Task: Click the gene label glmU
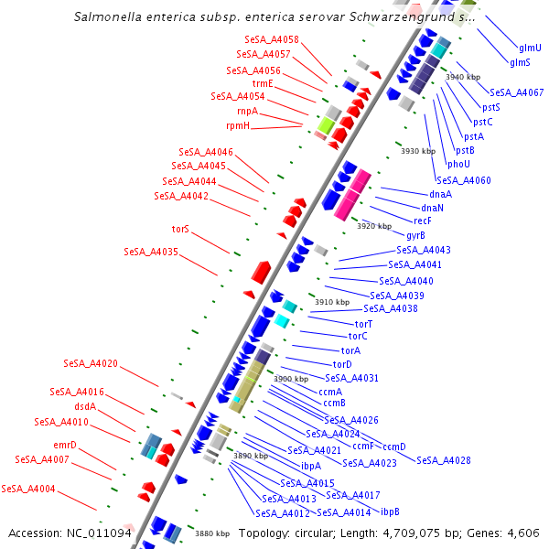[x=530, y=48]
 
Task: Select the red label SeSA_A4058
[x=272, y=40]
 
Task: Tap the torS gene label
[x=180, y=229]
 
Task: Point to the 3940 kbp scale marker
[x=463, y=77]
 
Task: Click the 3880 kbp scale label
[x=211, y=533]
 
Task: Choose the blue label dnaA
[x=440, y=194]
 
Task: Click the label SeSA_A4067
[x=516, y=92]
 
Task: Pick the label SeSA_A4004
[x=28, y=489]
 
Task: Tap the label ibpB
[x=390, y=511]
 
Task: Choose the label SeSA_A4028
[x=444, y=460]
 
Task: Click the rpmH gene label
[x=237, y=125]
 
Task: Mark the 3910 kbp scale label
[x=332, y=302]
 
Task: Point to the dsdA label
[x=84, y=406]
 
